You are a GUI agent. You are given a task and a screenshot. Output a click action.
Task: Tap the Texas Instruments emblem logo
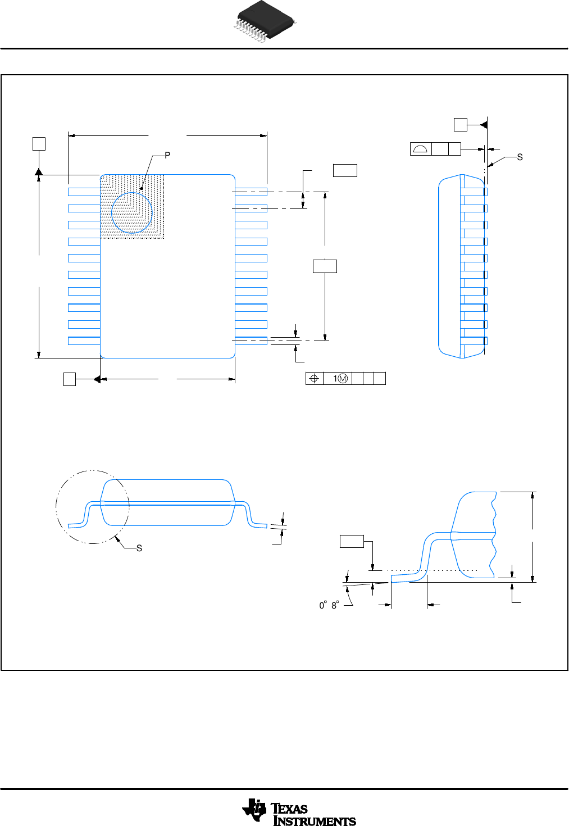[254, 811]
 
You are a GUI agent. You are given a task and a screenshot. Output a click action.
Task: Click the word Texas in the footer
[290, 809]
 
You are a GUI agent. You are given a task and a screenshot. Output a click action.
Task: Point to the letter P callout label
[167, 156]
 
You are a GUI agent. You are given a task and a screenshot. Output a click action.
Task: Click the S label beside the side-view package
[520, 157]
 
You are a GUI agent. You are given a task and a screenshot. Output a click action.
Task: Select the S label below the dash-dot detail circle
[139, 548]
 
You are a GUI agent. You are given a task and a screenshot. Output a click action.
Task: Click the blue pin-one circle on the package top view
[131, 212]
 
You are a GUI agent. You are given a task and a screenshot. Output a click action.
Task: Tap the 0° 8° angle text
[329, 605]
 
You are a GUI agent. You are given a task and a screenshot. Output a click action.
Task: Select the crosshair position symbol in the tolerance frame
[315, 379]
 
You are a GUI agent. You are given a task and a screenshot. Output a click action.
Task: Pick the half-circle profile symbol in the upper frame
[421, 149]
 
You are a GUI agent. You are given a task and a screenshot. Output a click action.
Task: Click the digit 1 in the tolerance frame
[335, 379]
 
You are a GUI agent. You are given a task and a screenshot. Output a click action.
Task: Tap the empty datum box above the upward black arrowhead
[39, 143]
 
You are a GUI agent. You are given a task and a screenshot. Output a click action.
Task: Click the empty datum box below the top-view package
[70, 379]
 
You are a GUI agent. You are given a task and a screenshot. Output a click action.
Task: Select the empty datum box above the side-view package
[460, 125]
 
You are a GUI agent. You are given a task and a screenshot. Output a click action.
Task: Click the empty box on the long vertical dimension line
[325, 266]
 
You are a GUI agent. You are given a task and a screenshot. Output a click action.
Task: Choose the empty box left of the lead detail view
[352, 542]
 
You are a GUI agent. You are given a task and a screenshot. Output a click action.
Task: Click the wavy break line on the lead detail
[494, 534]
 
